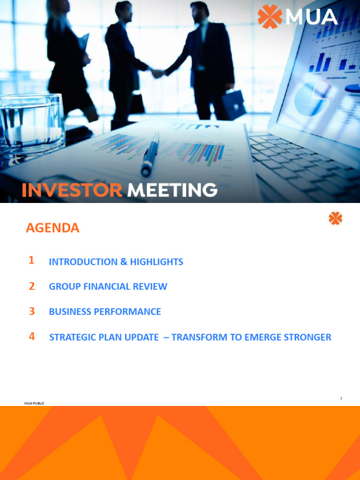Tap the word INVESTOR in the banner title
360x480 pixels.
pyautogui.click(x=72, y=190)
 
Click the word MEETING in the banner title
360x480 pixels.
pyautogui.click(x=172, y=190)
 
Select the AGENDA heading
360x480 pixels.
pyautogui.click(x=52, y=228)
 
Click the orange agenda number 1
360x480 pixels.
pyautogui.click(x=31, y=261)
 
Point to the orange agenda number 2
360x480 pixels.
pyautogui.click(x=31, y=286)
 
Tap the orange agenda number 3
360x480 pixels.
pyautogui.click(x=31, y=311)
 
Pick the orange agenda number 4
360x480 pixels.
pyautogui.click(x=31, y=336)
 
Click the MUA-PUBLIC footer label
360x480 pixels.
pyautogui.click(x=34, y=403)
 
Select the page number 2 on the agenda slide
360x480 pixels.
pyautogui.click(x=341, y=398)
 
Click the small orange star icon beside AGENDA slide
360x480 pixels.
pyautogui.click(x=335, y=218)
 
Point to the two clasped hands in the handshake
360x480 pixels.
pyautogui.click(x=157, y=73)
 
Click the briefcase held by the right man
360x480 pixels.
pyautogui.click(x=233, y=104)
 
